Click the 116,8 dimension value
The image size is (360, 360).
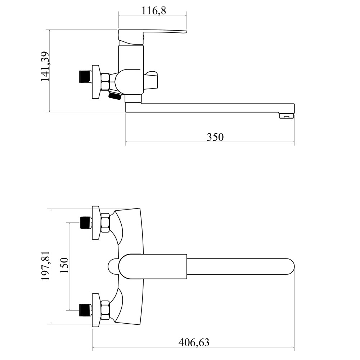[x=154, y=11]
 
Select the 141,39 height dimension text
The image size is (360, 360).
[x=45, y=66]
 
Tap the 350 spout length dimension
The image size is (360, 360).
[x=215, y=137]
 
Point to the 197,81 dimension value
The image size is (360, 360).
[x=45, y=266]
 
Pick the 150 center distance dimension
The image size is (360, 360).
[x=64, y=265]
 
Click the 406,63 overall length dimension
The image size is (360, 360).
[x=194, y=343]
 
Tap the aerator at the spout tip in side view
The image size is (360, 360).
[x=287, y=116]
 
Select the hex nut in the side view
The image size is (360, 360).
[x=105, y=82]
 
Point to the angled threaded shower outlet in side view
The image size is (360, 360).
[x=115, y=95]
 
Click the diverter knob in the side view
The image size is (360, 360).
[x=151, y=80]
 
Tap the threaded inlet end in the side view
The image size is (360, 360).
[x=85, y=76]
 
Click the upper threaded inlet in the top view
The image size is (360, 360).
[x=86, y=223]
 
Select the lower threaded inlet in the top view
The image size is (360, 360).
[x=86, y=310]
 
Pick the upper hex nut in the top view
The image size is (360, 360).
[x=105, y=223]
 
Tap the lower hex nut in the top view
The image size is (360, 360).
[x=105, y=310]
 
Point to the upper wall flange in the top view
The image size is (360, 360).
[x=96, y=223]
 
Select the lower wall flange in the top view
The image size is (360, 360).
[x=96, y=310]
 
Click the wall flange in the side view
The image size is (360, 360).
[x=96, y=82]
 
